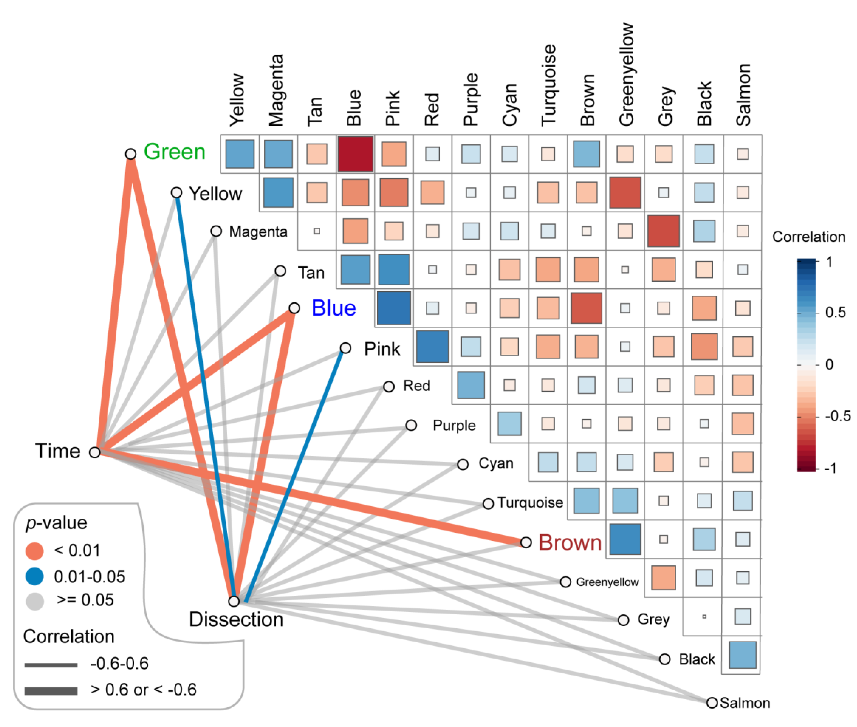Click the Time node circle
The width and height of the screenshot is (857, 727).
pyautogui.click(x=95, y=452)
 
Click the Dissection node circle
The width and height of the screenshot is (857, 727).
pyautogui.click(x=234, y=601)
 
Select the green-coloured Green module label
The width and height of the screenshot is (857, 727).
pyautogui.click(x=174, y=152)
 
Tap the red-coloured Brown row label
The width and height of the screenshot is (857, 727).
pyautogui.click(x=570, y=542)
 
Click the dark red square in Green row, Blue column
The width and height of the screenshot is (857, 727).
pyautogui.click(x=355, y=154)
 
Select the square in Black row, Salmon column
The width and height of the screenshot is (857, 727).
pyautogui.click(x=742, y=655)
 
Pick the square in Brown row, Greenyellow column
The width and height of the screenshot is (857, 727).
pyautogui.click(x=625, y=539)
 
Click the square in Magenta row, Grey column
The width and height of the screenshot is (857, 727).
pyautogui.click(x=663, y=231)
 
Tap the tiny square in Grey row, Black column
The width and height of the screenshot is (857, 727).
pyautogui.click(x=704, y=617)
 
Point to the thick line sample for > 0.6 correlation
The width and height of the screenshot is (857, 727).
pyautogui.click(x=51, y=691)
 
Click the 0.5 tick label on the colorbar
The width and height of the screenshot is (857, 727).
pyautogui.click(x=835, y=312)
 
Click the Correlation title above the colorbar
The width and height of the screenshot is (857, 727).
pyautogui.click(x=808, y=237)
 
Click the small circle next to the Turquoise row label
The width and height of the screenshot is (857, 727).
pyautogui.click(x=488, y=504)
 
